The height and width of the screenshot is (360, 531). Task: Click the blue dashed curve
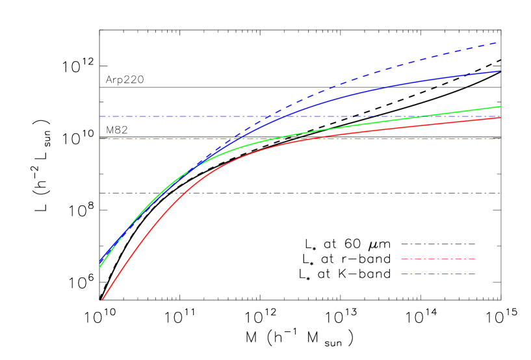390,66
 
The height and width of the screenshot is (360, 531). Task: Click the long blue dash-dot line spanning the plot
162,116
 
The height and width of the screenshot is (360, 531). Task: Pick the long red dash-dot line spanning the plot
162,139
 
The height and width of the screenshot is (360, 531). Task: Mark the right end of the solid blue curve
500,71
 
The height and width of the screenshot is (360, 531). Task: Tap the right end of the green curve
500,107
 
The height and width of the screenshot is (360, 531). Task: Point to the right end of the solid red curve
500,118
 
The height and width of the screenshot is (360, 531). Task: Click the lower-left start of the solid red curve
102,300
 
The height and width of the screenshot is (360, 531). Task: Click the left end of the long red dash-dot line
100,139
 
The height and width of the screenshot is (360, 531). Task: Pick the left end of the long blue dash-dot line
100,116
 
